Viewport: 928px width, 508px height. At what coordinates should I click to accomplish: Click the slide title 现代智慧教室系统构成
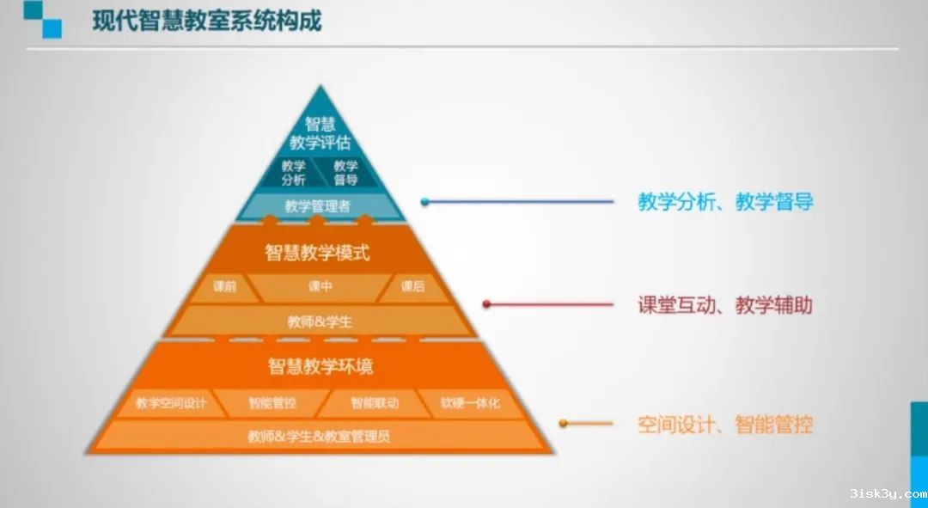206,21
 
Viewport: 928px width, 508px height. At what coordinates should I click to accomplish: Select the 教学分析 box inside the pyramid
294,173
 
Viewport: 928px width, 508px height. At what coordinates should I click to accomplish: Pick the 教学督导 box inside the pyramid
345,173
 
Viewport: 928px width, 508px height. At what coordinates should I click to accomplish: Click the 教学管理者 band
318,206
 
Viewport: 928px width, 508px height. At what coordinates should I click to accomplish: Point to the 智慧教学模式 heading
317,253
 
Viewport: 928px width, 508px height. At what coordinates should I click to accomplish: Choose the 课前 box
224,287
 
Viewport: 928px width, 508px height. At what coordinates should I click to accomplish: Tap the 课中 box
320,287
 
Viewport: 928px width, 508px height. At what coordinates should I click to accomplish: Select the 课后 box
412,287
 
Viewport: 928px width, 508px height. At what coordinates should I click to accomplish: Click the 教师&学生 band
320,321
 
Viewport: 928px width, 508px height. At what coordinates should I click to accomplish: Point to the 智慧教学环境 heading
320,366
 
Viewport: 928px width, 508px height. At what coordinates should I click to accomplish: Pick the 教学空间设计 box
171,402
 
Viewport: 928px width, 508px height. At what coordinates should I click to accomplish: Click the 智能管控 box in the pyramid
272,402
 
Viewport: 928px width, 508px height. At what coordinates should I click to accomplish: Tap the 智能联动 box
374,402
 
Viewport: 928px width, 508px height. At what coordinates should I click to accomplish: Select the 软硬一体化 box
470,402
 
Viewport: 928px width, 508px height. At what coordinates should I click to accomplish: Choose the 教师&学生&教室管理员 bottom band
319,436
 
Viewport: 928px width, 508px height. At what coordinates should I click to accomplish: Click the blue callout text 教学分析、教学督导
724,202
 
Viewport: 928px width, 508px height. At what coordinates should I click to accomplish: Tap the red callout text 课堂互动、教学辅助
724,304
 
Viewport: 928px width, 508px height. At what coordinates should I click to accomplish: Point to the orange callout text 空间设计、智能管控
724,424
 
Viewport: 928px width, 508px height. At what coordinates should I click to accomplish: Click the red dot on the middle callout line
486,304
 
